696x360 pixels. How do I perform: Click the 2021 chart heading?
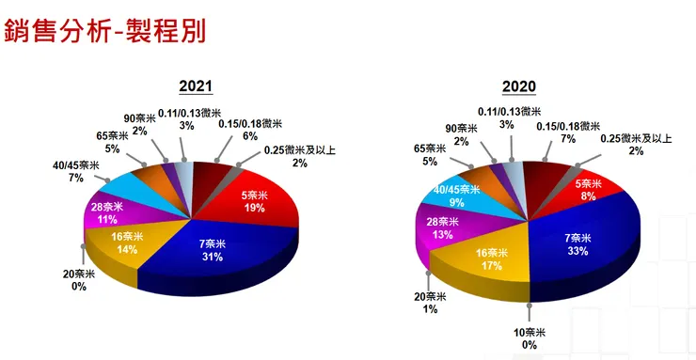coord(195,86)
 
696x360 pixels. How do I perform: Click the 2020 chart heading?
coord(518,86)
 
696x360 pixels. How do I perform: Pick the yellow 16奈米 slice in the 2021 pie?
coord(128,243)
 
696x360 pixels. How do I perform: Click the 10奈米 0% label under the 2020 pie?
coord(529,337)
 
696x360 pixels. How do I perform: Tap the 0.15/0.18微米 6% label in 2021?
coord(249,130)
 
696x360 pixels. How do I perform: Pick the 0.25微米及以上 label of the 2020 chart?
coord(637,144)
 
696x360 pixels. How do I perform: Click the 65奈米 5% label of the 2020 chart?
coord(431,154)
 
